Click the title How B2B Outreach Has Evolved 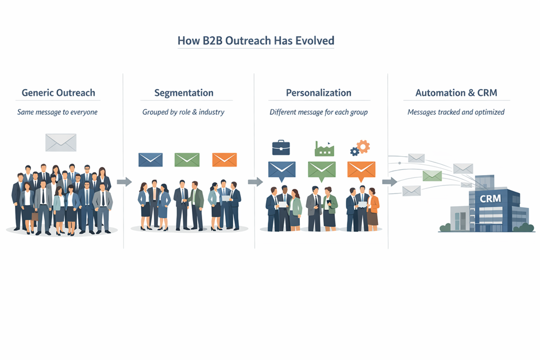point(256,41)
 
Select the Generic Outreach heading point(58,92)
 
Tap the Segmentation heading point(184,92)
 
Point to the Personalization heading point(318,92)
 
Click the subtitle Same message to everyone point(57,112)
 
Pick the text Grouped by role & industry point(183,112)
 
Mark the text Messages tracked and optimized point(456,112)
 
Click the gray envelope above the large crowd point(61,142)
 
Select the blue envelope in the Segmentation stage point(151,160)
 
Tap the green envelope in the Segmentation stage point(187,160)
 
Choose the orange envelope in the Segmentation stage point(224,160)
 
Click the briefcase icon point(281,148)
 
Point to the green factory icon point(324,149)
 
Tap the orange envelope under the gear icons point(361,170)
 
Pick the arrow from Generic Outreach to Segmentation point(124,182)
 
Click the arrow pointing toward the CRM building point(389,182)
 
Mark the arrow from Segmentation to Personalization point(255,182)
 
